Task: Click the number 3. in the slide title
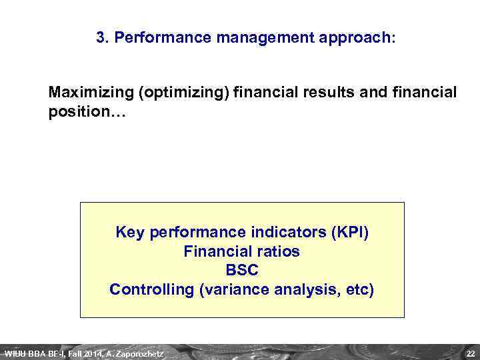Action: pos(103,37)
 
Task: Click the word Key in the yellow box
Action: pos(131,233)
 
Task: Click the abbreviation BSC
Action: pos(242,271)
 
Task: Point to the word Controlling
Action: pos(151,290)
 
